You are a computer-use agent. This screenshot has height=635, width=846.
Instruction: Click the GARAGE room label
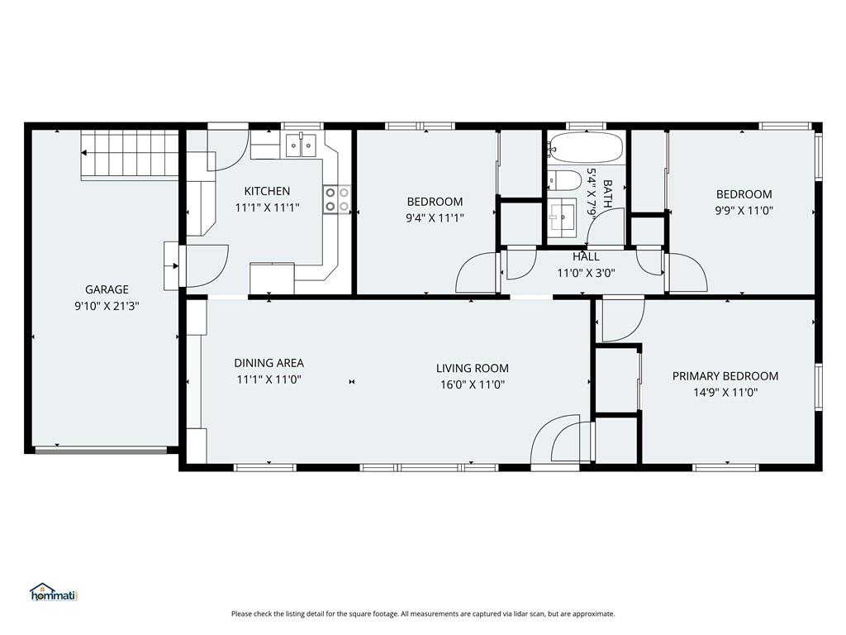click(107, 289)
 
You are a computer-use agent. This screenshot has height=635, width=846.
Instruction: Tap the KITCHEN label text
click(267, 191)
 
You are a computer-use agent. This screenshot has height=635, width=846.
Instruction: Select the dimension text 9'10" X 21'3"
click(107, 306)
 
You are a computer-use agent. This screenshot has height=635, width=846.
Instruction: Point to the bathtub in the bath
click(586, 147)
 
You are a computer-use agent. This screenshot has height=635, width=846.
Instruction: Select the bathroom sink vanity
click(563, 217)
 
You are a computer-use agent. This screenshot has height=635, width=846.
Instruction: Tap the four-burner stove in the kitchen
click(337, 199)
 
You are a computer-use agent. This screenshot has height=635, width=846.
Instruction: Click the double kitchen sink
click(301, 145)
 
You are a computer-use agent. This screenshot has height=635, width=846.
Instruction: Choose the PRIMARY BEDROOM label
click(725, 376)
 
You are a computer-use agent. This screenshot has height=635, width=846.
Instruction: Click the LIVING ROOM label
click(472, 368)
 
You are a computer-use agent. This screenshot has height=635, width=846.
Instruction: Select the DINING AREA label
click(269, 363)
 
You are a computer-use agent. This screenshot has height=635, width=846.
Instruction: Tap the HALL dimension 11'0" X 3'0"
click(586, 273)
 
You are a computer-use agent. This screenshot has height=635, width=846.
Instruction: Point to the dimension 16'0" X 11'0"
click(472, 385)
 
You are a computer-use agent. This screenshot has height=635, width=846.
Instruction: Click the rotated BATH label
click(607, 194)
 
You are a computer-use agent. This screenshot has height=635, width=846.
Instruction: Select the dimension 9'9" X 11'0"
click(744, 211)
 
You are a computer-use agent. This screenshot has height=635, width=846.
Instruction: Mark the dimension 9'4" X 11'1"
click(435, 218)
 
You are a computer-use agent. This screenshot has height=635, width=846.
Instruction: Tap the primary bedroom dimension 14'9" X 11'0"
click(725, 393)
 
